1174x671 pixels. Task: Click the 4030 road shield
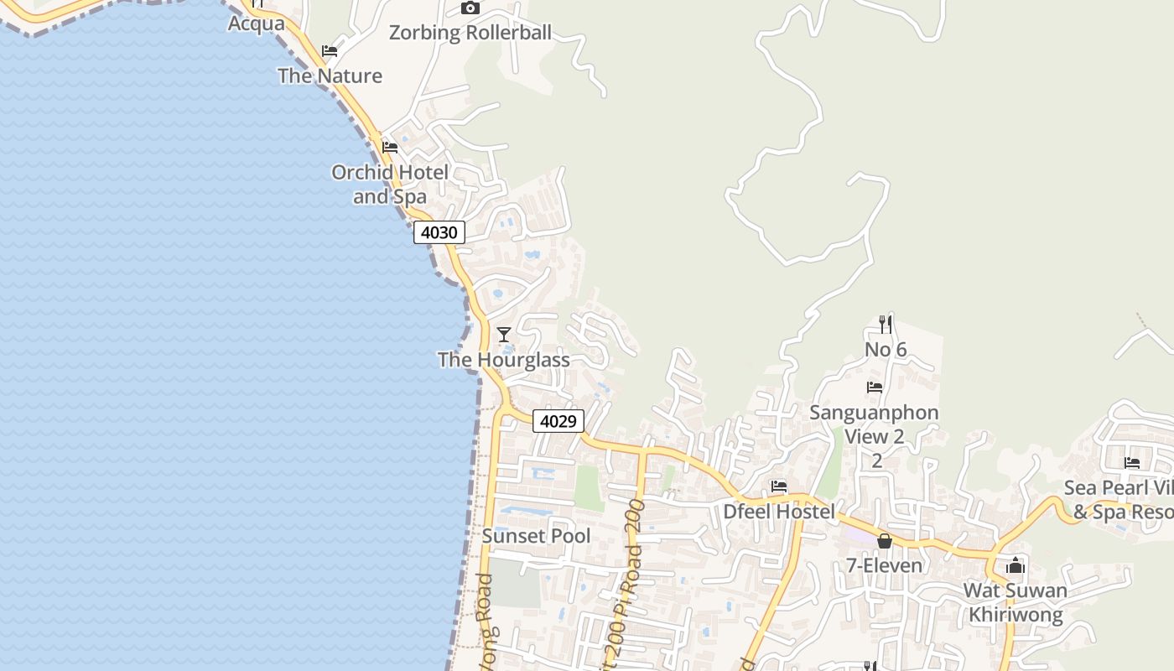pos(439,232)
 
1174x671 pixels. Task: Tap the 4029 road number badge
pos(558,421)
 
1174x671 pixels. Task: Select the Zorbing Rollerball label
pos(470,33)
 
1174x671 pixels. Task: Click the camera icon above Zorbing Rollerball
pos(470,8)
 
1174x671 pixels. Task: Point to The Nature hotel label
pos(330,75)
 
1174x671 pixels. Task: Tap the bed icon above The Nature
pos(330,51)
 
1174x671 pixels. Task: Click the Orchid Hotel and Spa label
pos(390,184)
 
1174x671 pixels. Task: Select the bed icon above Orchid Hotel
pos(390,148)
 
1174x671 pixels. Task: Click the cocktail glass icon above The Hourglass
pos(504,335)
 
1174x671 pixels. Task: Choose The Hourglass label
pos(504,360)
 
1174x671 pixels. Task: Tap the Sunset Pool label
pos(536,536)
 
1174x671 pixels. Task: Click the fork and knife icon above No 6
pos(886,324)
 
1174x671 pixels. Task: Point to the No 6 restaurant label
pos(886,349)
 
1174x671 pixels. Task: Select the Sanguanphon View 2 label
pos(874,424)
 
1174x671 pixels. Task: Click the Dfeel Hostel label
pos(779,512)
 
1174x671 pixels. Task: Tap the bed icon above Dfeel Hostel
pos(779,486)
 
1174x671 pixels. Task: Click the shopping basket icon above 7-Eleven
pos(884,541)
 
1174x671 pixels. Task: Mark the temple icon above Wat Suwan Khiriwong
pos(1016,565)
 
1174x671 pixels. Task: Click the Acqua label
pos(257,23)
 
